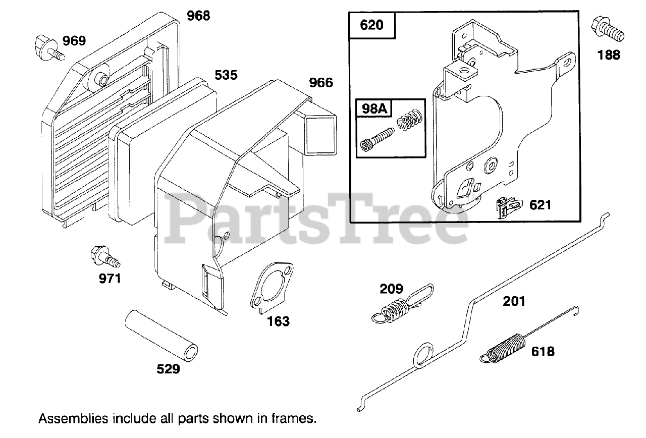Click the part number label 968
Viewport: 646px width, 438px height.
coord(198,16)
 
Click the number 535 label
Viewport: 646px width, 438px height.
coord(226,75)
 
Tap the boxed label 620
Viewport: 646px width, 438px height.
coord(372,25)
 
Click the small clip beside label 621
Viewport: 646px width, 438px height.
coord(508,207)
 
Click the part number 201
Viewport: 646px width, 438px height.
coord(514,302)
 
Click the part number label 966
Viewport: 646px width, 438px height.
coord(321,82)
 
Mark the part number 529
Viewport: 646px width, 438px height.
coord(168,369)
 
